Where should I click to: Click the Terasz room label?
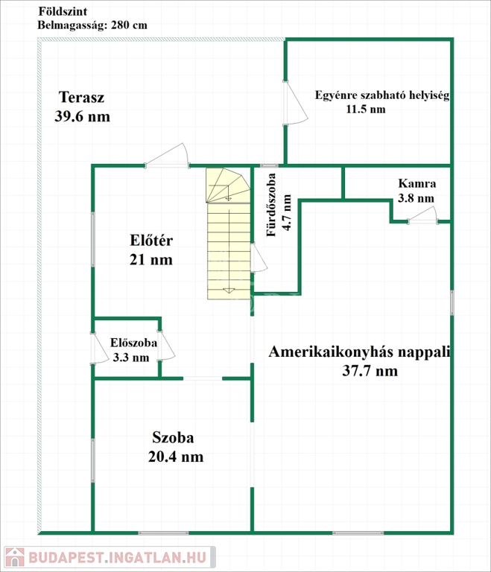coord(81,98)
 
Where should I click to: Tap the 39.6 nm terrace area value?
coord(82,116)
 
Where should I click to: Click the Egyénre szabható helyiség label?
coord(381,95)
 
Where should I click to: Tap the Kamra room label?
coord(416,184)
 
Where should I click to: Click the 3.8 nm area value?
coord(416,198)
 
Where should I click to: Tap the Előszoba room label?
coord(133,343)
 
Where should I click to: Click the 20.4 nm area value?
coord(177,456)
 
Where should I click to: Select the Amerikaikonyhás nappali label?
coord(361,352)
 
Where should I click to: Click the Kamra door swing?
coord(423,216)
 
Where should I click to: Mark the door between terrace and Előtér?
coord(167,156)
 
